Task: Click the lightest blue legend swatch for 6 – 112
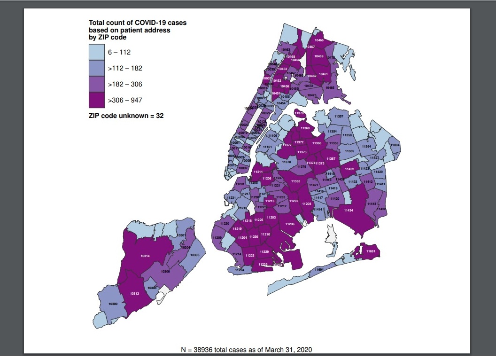pos(96,52)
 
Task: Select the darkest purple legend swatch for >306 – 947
pos(96,100)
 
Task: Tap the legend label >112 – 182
pos(125,68)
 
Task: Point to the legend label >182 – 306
pos(125,84)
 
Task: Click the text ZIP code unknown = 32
pos(126,116)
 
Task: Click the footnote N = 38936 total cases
pos(246,350)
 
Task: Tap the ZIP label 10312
pos(134,293)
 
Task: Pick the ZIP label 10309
pos(113,304)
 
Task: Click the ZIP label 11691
pos(371,251)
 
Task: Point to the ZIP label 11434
pos(348,210)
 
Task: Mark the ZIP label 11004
pos(395,145)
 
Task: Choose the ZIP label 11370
pos(299,113)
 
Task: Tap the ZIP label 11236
pos(290,224)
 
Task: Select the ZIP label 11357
pos(338,116)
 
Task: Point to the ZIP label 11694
pos(319,270)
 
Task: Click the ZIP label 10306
pos(165,271)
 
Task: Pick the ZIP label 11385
pos(295,181)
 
